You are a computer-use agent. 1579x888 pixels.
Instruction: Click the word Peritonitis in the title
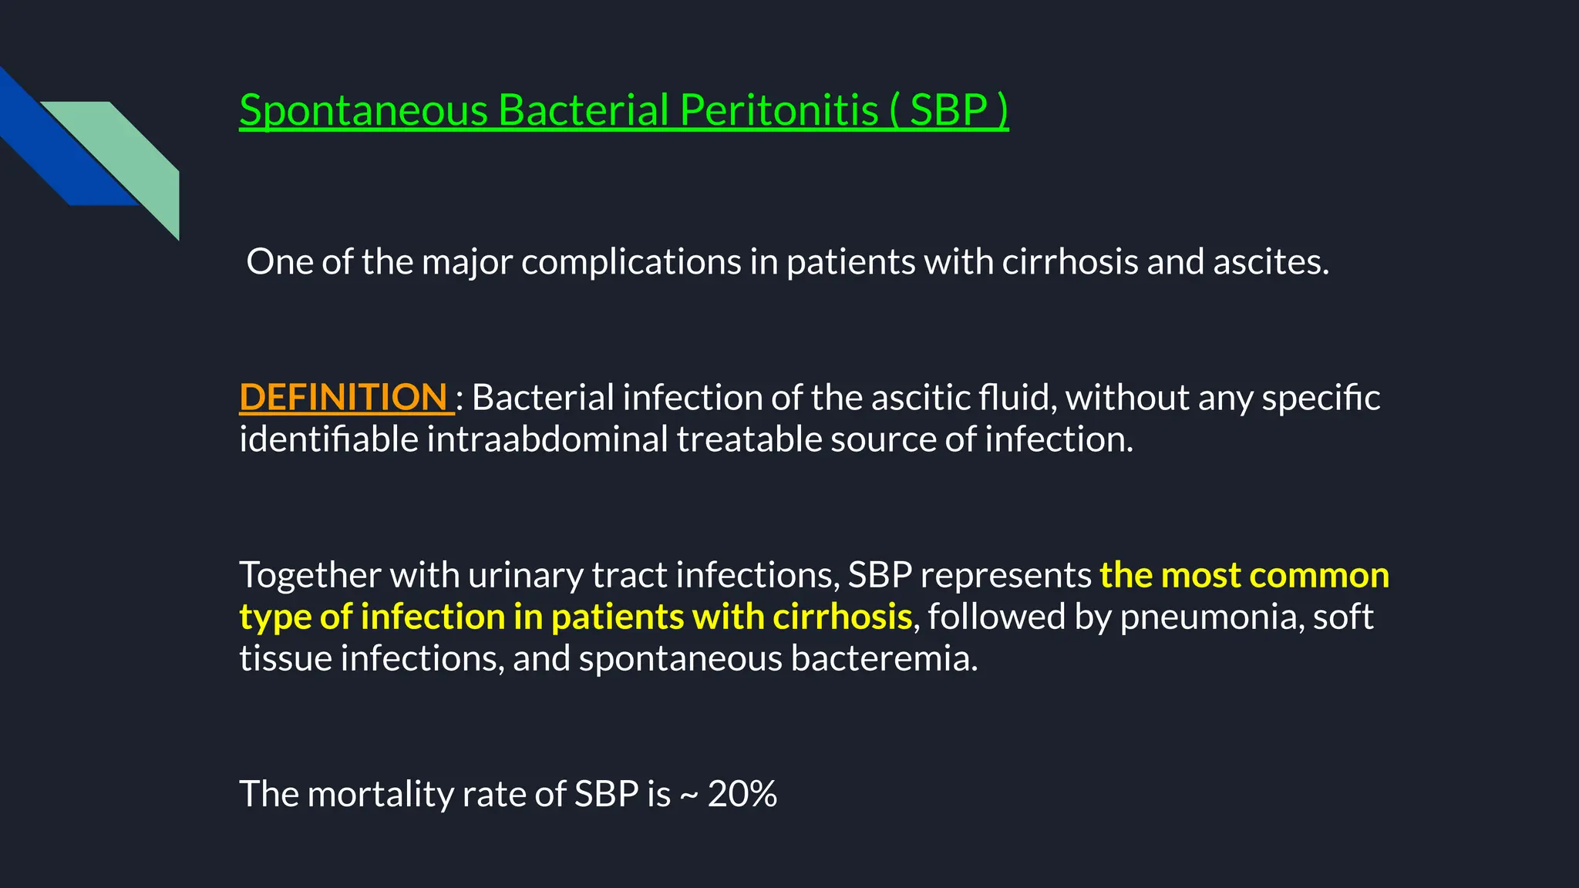pos(779,110)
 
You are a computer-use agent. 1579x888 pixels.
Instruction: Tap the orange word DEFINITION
pos(344,398)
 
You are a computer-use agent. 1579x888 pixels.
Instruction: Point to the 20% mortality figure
pos(742,794)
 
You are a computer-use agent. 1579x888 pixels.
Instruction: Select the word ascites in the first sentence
pos(1271,262)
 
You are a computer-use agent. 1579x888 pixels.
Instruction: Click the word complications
pos(631,262)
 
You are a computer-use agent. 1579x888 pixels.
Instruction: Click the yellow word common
pos(1319,576)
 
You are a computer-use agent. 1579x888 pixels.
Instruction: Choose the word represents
pos(1005,576)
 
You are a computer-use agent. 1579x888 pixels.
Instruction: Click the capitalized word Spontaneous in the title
pos(363,110)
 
